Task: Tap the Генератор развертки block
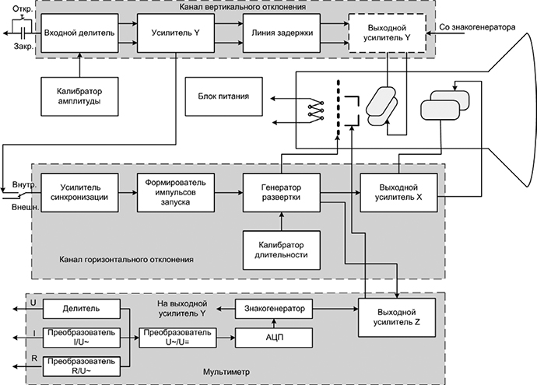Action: click(x=281, y=192)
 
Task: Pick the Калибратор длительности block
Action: click(x=281, y=249)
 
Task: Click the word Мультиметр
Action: click(x=226, y=373)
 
